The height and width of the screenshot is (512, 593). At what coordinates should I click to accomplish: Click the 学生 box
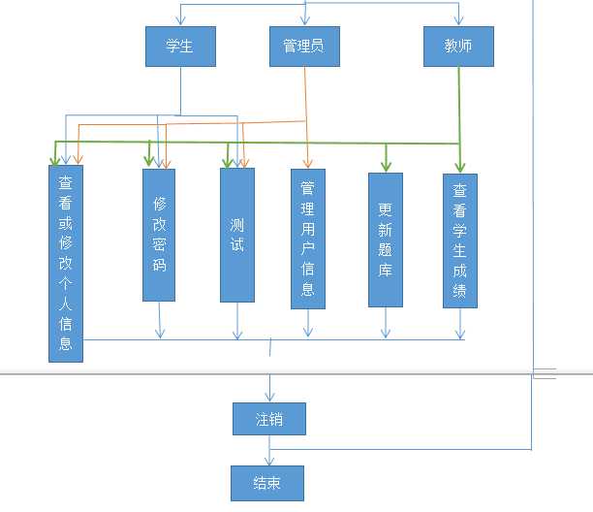click(x=180, y=47)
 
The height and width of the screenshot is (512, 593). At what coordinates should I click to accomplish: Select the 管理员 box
click(x=304, y=47)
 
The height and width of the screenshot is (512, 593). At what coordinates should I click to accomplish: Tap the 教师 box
click(x=458, y=47)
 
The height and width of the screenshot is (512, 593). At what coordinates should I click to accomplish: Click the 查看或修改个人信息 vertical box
click(x=66, y=264)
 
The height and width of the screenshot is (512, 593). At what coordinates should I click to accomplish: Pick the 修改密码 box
click(x=159, y=235)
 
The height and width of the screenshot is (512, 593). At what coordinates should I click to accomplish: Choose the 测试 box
click(x=237, y=235)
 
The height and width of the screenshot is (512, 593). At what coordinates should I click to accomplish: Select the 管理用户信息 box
click(x=308, y=239)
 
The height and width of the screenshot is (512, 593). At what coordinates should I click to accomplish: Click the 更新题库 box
click(x=385, y=240)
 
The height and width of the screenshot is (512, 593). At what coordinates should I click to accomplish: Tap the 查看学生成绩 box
click(x=460, y=240)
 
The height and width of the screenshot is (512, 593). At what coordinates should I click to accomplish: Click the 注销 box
click(x=269, y=419)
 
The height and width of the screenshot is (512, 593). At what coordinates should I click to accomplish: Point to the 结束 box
click(x=267, y=483)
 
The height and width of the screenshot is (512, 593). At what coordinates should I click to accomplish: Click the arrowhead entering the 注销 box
click(x=269, y=398)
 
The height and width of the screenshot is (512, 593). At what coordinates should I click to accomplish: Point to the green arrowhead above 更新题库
click(x=386, y=166)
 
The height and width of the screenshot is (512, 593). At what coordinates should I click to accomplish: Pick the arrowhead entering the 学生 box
click(x=180, y=21)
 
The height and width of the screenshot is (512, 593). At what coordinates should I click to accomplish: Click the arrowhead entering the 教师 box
click(x=458, y=21)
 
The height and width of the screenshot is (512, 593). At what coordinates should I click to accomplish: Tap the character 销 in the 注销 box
click(x=277, y=419)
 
